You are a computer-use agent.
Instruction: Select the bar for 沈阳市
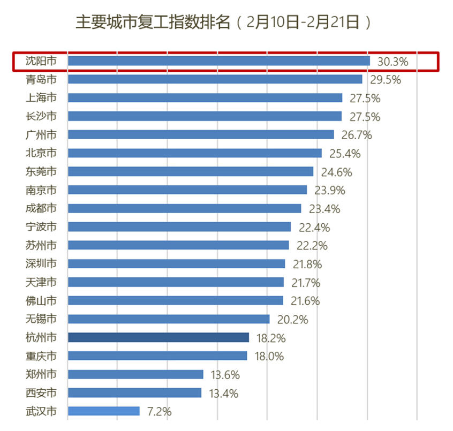click(218, 61)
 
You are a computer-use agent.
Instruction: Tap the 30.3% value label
click(392, 62)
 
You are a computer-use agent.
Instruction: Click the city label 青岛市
click(41, 80)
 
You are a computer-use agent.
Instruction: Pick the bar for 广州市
click(201, 134)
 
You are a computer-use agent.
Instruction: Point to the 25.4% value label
click(345, 154)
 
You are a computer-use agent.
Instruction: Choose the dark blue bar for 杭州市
click(158, 337)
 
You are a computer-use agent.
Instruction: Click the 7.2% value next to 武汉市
click(158, 412)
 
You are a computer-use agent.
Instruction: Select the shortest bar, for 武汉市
click(104, 411)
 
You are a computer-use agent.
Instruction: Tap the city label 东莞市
click(41, 172)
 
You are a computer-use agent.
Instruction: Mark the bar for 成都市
click(185, 208)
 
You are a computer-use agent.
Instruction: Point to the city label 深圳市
click(41, 263)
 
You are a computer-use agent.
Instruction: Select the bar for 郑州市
click(136, 374)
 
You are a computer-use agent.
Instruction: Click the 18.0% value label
click(269, 356)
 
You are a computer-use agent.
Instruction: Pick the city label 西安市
click(41, 393)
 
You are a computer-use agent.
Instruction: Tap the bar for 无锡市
click(169, 319)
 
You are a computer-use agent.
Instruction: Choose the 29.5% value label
click(386, 80)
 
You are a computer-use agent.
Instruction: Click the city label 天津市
click(41, 282)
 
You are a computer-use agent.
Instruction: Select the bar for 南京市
click(187, 190)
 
